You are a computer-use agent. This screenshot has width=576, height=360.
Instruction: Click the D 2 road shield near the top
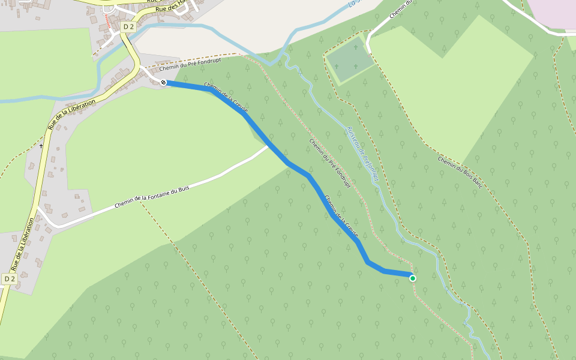point(128,26)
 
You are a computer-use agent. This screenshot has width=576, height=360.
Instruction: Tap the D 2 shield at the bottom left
point(9,279)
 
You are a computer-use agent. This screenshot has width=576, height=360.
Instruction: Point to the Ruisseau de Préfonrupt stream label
point(363,154)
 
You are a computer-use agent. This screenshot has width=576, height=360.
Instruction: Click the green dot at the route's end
point(413,278)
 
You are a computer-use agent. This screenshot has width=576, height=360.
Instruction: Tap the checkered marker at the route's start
point(163,82)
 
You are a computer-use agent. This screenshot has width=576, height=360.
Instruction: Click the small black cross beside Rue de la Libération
point(41,145)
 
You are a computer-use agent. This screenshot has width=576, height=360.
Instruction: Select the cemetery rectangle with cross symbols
point(350,60)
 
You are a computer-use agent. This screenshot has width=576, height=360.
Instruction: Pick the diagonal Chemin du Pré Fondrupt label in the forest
point(329,164)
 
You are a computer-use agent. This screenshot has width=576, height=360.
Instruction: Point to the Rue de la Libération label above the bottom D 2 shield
point(23,244)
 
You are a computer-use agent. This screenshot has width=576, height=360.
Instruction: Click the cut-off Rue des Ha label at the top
point(172,7)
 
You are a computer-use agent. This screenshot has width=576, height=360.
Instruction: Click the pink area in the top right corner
point(552,12)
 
